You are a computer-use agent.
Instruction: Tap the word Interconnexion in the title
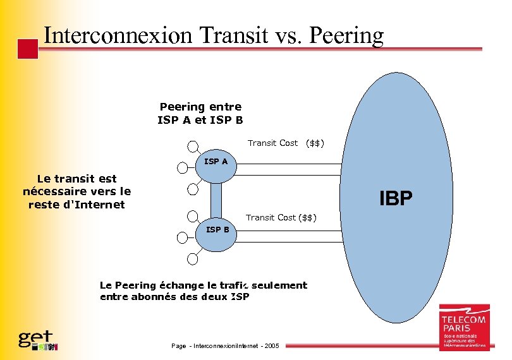tap(118, 35)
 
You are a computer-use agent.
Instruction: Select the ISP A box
tap(216, 162)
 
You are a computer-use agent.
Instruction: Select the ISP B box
tap(217, 229)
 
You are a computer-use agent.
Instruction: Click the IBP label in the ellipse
tap(396, 199)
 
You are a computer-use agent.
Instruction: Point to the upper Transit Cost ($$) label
tap(286, 143)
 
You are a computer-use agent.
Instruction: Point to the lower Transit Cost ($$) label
tap(281, 217)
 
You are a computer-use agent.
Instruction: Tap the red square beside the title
tap(27, 49)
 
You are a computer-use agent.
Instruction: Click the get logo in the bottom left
tap(37, 340)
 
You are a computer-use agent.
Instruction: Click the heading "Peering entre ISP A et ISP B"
tap(200, 114)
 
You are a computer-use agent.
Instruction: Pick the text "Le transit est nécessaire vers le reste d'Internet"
tap(76, 192)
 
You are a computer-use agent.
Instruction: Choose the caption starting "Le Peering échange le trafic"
tap(203, 291)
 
